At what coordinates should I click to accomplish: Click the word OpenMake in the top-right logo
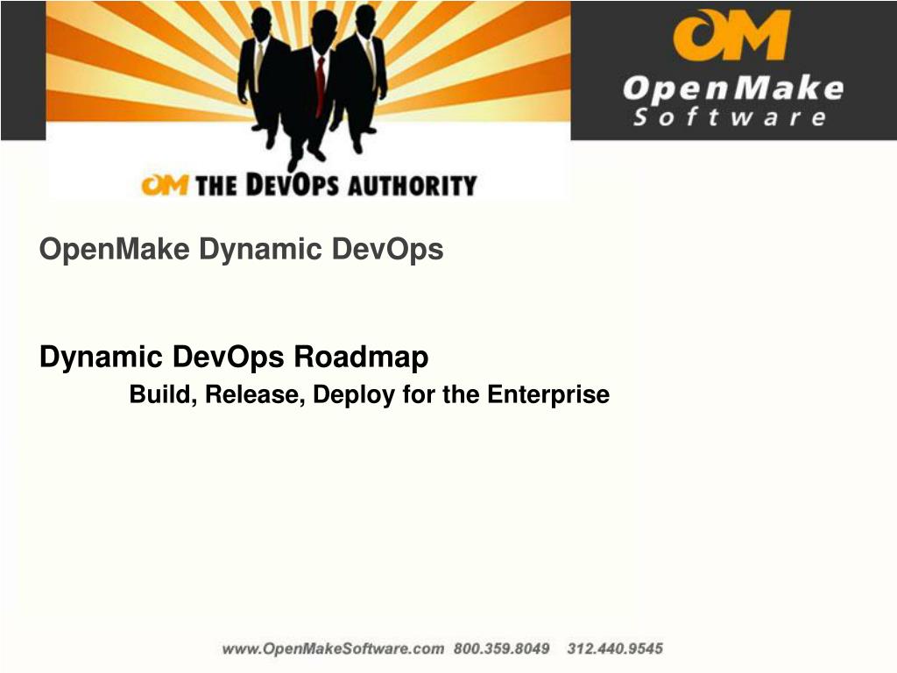732,88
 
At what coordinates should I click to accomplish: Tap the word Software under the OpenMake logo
729,117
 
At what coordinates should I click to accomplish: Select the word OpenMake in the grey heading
114,251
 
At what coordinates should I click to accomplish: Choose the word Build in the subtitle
163,395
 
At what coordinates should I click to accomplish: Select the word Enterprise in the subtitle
547,395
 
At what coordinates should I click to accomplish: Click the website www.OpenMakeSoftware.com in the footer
333,649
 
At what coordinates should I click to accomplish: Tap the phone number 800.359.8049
501,649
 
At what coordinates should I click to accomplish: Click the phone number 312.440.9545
615,649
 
